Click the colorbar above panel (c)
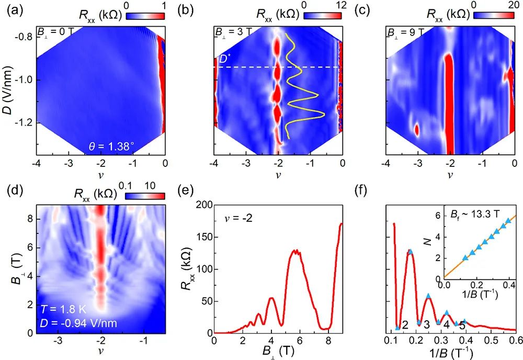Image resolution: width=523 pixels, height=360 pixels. tap(491, 17)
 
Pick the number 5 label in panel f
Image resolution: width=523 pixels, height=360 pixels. tap(462, 326)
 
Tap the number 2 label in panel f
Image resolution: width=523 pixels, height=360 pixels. tap(405, 326)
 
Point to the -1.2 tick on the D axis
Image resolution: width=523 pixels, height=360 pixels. tap(22, 123)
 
